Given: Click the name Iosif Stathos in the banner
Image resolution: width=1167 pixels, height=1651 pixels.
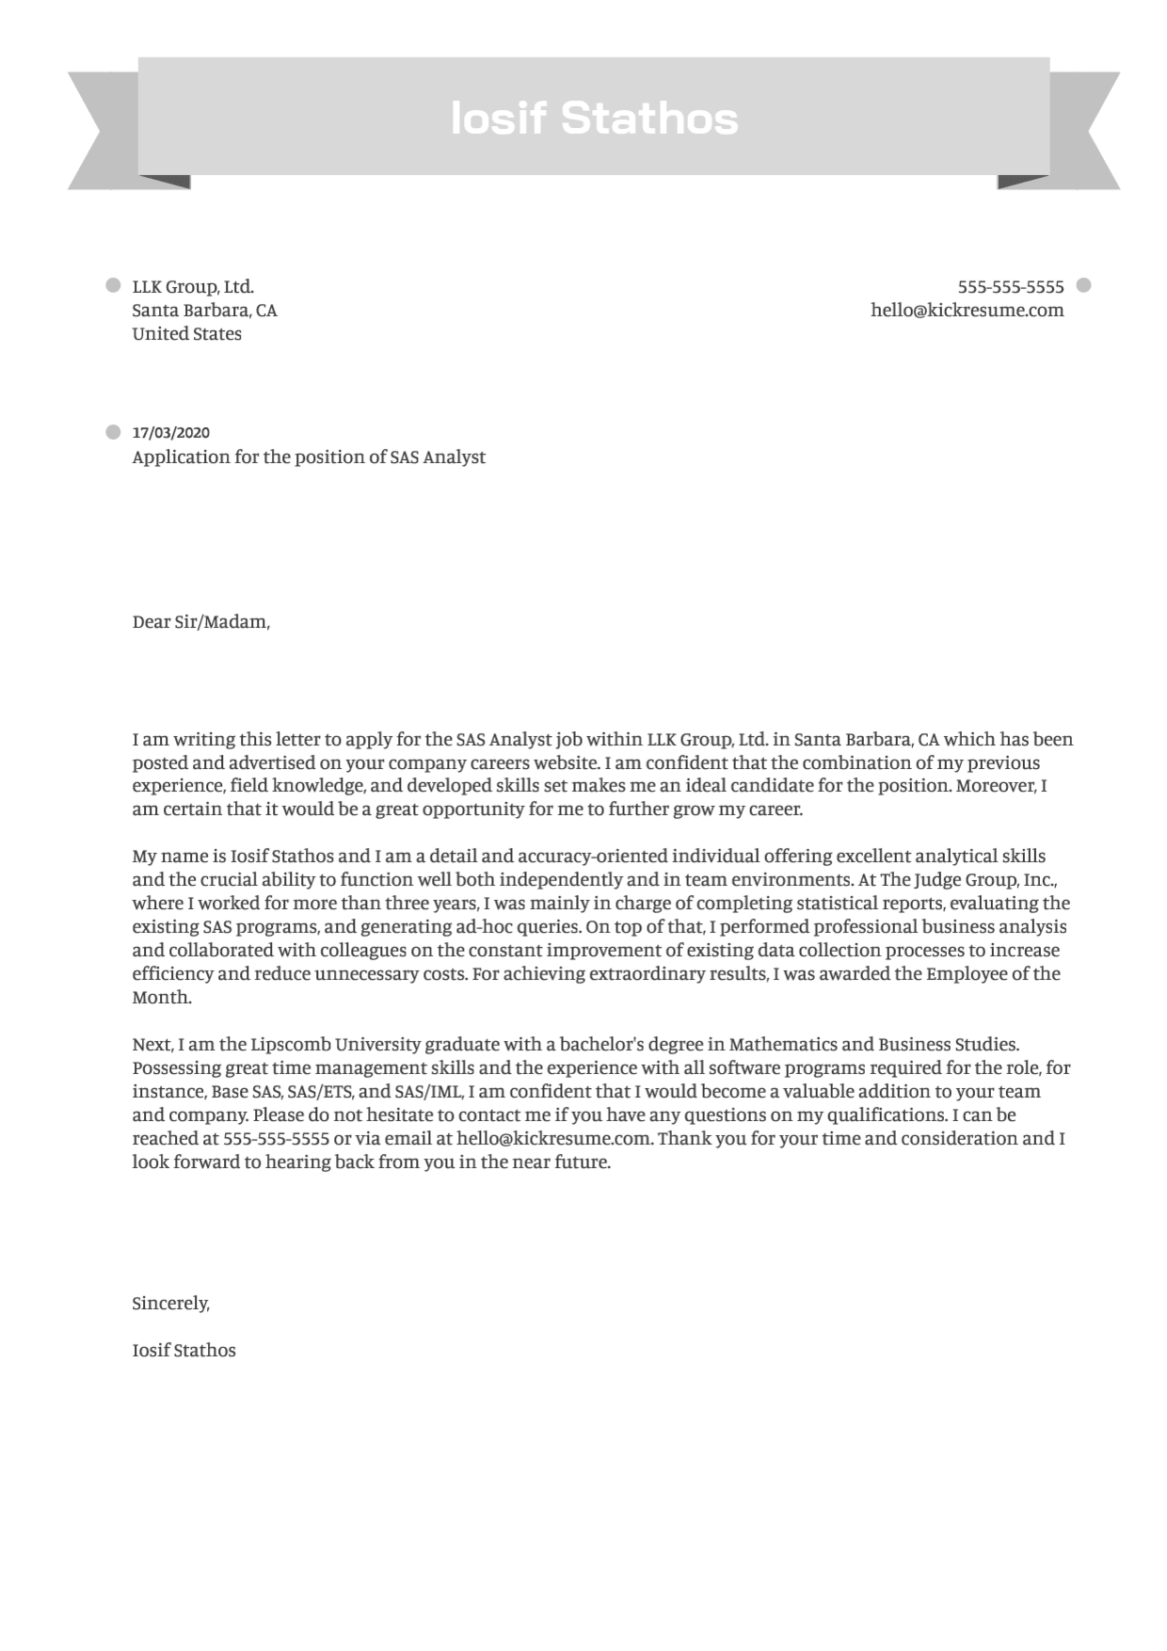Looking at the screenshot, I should pos(594,119).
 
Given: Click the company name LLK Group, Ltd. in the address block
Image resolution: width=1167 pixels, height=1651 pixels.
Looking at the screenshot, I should pos(193,287).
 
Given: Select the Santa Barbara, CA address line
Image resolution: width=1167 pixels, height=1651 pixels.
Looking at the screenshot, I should pos(204,311).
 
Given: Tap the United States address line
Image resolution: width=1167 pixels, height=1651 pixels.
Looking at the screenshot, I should pos(186,334).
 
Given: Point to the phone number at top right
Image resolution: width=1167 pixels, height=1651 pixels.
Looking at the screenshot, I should pos(1010,287).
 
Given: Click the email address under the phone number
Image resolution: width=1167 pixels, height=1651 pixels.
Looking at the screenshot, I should pos(967,311).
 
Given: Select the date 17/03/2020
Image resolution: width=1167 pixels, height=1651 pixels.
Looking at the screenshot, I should pos(170,433).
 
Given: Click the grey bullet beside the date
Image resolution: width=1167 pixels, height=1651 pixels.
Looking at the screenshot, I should pos(114,433).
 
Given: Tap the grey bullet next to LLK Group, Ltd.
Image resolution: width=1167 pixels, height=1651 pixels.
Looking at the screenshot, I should pos(114,285).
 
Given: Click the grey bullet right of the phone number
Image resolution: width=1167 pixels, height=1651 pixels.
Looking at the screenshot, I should pos(1083,285).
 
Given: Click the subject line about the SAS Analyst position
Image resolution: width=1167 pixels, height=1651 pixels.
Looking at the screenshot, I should pos(309,457).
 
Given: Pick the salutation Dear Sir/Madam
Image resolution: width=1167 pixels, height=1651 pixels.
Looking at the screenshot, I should pos(200,622).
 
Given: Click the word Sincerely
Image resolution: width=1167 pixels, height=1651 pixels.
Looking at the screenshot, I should pos(170,1304).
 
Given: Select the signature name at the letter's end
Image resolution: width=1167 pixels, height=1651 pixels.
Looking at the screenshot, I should pos(184,1351).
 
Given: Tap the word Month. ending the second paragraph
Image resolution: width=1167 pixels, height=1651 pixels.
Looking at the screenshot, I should pos(162,998).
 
